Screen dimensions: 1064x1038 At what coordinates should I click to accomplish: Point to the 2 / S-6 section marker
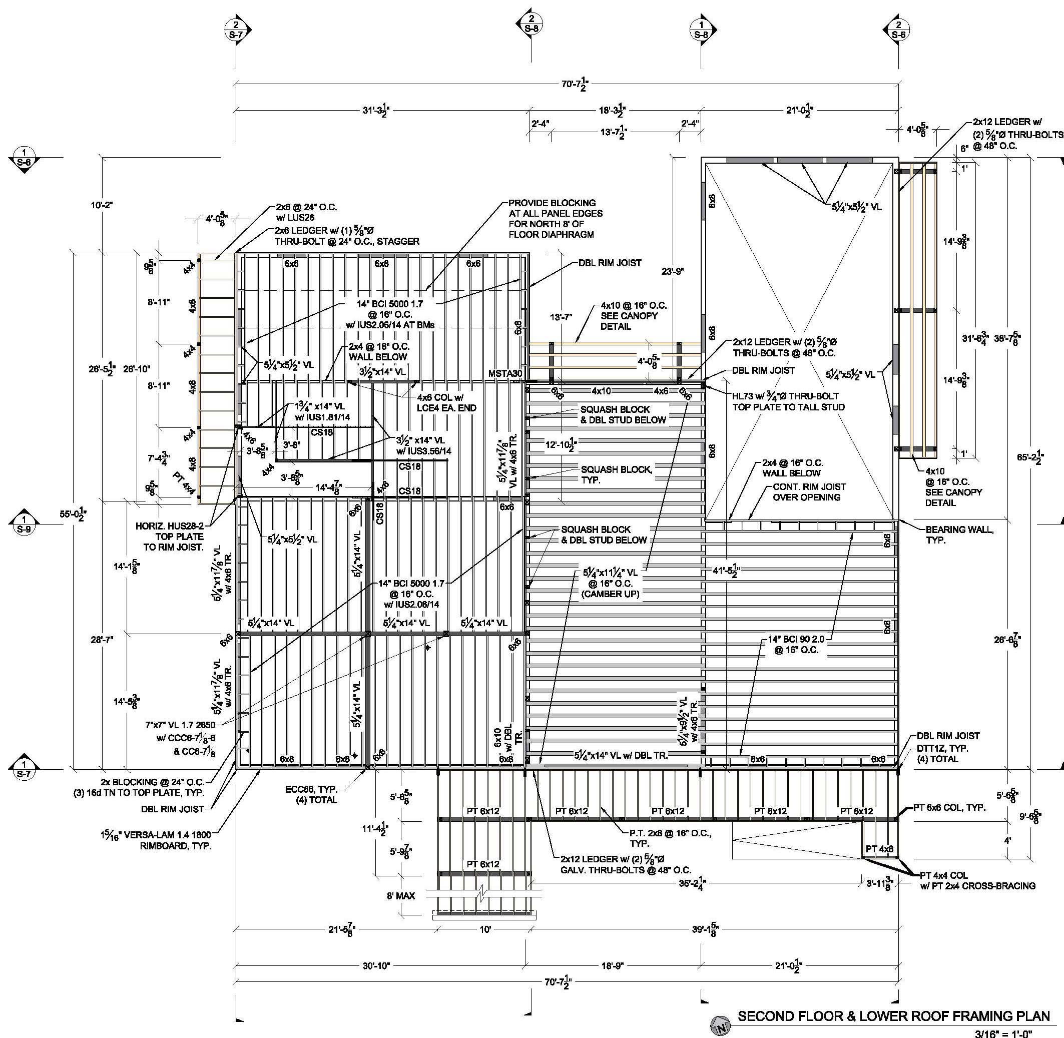pos(898,29)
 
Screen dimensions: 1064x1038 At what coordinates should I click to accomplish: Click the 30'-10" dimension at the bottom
pos(376,966)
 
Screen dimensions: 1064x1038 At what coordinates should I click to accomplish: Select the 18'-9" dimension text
pos(613,966)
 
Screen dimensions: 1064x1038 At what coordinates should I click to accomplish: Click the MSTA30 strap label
pos(505,373)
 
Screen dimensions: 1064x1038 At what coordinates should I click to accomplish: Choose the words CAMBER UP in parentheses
pos(611,594)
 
